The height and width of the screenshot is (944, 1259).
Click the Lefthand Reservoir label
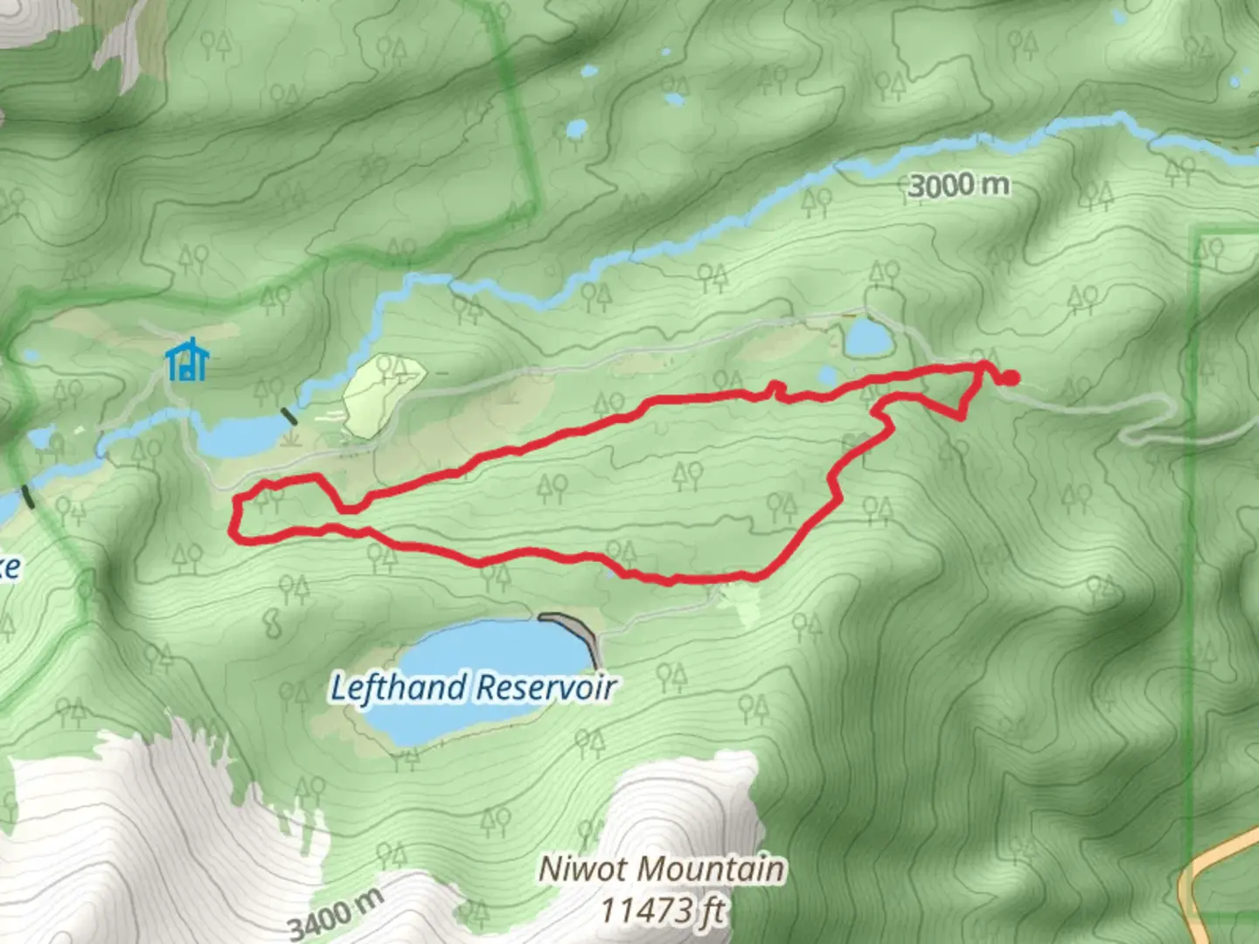pyautogui.click(x=473, y=688)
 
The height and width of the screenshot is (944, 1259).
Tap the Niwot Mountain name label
pyautogui.click(x=661, y=869)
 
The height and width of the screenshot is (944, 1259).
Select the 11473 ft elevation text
pyautogui.click(x=662, y=910)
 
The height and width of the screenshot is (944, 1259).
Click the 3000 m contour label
pyautogui.click(x=958, y=185)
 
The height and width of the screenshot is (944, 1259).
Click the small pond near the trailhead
pyautogui.click(x=866, y=337)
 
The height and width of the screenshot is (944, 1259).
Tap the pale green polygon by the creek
pyautogui.click(x=382, y=395)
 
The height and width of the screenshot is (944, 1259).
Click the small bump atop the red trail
pyautogui.click(x=773, y=387)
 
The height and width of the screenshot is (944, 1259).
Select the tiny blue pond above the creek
pyautogui.click(x=576, y=129)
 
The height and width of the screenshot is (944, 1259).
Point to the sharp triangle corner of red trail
pyautogui.click(x=962, y=416)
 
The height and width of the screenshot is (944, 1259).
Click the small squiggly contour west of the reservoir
pyautogui.click(x=272, y=623)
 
